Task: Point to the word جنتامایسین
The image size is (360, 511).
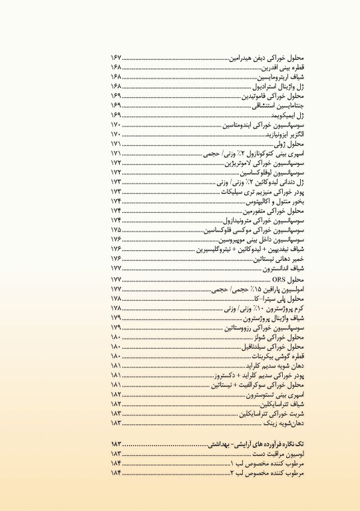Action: [292, 105]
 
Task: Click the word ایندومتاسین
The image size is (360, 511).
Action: [238, 124]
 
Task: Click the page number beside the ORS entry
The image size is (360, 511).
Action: [116, 279]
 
